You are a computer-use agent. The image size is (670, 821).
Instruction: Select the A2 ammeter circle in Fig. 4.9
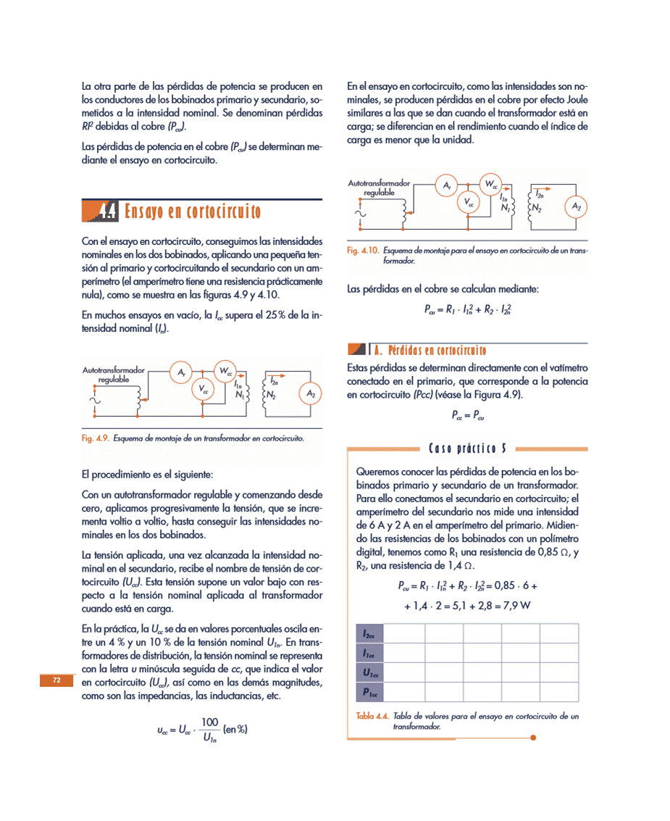(x=311, y=394)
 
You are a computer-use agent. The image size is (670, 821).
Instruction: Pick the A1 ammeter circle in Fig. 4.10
(x=447, y=186)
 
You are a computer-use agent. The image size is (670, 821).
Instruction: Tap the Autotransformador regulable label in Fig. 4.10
(x=379, y=188)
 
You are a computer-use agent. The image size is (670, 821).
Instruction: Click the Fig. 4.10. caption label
(x=363, y=251)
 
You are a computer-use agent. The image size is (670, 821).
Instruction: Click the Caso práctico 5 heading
(x=468, y=448)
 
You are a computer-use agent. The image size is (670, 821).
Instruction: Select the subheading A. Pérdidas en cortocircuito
(x=430, y=351)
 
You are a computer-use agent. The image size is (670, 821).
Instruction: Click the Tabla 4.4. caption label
(x=372, y=716)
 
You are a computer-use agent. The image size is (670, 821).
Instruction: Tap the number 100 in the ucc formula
(x=209, y=722)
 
